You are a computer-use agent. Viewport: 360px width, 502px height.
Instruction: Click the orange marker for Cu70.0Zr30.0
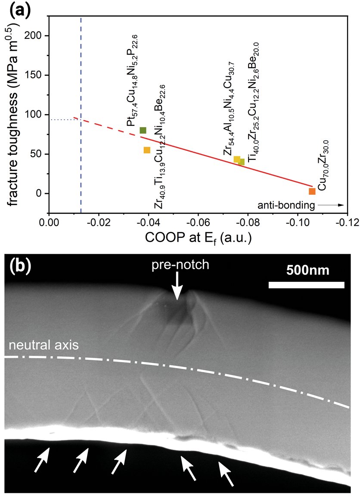pos(312,191)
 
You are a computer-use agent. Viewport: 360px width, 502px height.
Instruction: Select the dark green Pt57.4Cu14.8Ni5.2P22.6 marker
pos(143,130)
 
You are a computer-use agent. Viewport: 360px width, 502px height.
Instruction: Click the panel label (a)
pos(21,9)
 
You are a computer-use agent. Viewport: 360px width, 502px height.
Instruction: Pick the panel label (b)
pos(20,267)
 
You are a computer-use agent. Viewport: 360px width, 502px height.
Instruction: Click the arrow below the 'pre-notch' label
pos(177,289)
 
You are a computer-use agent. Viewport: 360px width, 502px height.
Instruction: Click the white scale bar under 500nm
pos(306,285)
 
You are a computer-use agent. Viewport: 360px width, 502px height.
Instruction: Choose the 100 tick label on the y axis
pos(36,115)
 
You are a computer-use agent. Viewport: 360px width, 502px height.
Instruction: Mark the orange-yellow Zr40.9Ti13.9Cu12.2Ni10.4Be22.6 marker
pos(147,150)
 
